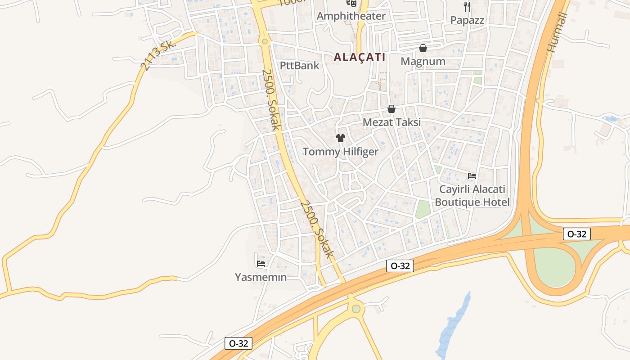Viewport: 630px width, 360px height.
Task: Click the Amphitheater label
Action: (351, 16)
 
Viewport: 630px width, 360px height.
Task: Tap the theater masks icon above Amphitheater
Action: (351, 3)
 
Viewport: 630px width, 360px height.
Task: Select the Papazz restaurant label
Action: (467, 20)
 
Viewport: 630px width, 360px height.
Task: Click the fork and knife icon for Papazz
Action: (467, 7)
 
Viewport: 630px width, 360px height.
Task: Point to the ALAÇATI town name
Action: (360, 57)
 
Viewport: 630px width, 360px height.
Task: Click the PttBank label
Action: (299, 66)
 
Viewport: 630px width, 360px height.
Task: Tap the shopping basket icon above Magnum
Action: (423, 48)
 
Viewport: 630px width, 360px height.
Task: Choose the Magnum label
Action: (423, 62)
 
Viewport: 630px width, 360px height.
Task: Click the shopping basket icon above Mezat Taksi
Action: (391, 109)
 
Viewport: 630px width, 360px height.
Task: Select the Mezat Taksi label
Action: (391, 122)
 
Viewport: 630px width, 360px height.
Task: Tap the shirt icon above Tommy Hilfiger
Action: (341, 138)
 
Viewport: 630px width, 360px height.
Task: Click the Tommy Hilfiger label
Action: (341, 152)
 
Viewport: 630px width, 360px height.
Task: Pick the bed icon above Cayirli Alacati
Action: (472, 176)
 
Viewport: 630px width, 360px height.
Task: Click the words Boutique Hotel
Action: (472, 202)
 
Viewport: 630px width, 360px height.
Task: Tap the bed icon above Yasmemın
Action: (261, 263)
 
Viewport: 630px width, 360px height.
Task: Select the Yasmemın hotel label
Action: (261, 277)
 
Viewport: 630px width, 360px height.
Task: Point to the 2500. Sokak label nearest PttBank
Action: (270, 100)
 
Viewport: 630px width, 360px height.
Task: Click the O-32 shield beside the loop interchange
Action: (576, 234)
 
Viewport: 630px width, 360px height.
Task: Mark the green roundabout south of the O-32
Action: (356, 309)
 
